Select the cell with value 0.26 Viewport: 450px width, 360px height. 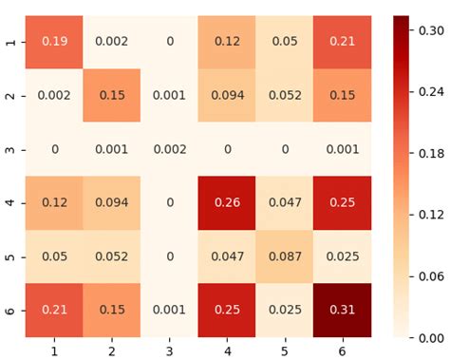pos(225,202)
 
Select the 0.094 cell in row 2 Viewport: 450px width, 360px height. pos(225,96)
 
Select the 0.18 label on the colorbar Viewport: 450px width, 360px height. pos(430,151)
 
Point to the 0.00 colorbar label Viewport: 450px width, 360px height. pos(430,337)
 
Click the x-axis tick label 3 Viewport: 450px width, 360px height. pos(169,351)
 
